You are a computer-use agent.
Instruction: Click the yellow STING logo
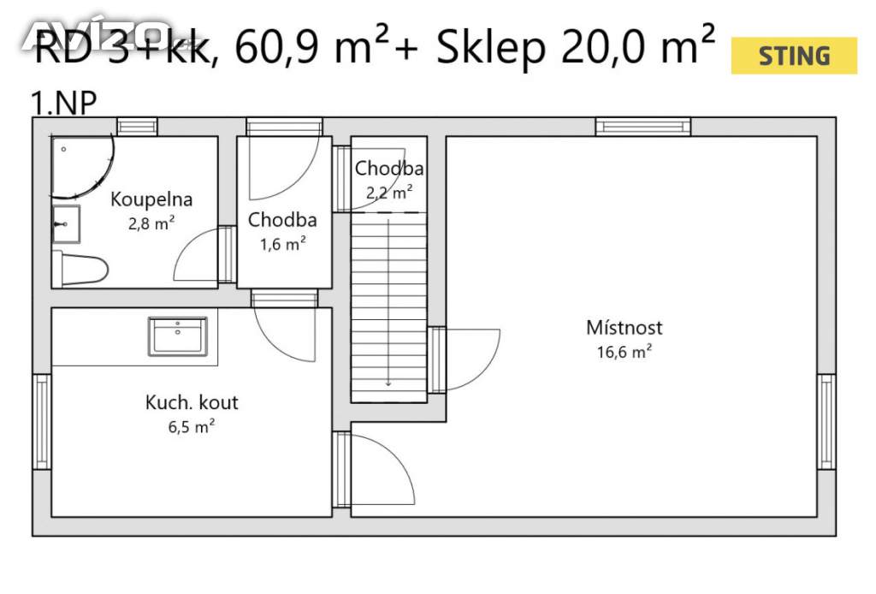click(794, 56)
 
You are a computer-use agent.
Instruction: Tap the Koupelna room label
click(151, 199)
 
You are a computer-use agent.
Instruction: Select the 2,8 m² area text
click(151, 223)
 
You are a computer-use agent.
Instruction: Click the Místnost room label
click(624, 328)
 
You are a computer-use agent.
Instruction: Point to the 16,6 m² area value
click(624, 352)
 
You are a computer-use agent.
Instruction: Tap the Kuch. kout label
click(192, 402)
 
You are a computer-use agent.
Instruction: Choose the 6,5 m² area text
click(192, 427)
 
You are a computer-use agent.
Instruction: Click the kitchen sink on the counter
click(178, 336)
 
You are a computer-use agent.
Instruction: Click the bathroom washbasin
click(66, 224)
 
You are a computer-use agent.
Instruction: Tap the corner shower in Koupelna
click(83, 168)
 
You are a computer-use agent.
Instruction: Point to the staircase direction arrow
click(388, 303)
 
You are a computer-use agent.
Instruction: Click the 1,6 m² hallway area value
click(282, 244)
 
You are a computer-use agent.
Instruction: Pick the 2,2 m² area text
click(389, 193)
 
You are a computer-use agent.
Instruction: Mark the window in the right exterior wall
click(827, 422)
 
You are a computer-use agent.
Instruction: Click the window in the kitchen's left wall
click(42, 422)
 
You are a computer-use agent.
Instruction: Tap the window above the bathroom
click(138, 127)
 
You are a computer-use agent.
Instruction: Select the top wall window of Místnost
click(643, 127)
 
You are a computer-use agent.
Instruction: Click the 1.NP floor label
click(63, 103)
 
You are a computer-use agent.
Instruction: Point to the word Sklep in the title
click(491, 47)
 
